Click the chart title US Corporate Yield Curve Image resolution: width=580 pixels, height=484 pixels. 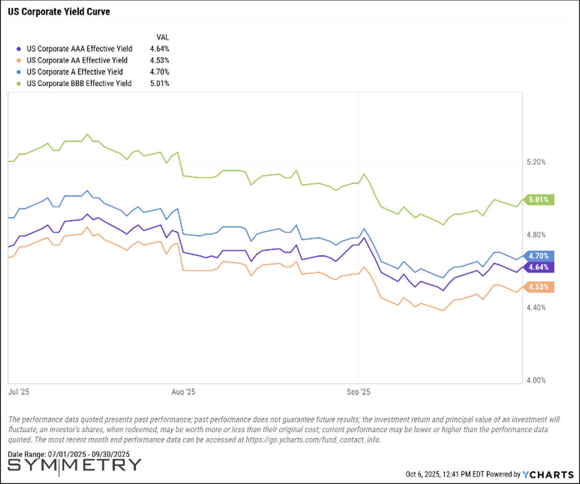[59, 12]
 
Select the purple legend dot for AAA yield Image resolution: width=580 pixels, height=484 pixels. [19, 49]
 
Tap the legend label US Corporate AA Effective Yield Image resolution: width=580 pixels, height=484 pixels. [77, 60]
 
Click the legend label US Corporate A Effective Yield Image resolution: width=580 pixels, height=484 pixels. [74, 72]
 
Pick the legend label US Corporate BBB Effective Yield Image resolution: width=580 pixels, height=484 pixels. [79, 83]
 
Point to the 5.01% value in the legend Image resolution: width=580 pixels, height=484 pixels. [159, 83]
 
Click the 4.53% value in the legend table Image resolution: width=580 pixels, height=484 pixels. [159, 60]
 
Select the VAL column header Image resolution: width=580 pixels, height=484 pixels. [163, 37]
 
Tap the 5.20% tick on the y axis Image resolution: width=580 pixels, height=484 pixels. [536, 162]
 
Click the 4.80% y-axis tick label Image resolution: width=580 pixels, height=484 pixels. [536, 235]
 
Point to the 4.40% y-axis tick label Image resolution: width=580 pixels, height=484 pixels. [536, 308]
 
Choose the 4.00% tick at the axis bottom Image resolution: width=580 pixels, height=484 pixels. [536, 381]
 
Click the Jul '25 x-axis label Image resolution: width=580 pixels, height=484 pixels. [19, 392]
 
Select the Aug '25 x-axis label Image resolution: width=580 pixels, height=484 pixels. [183, 392]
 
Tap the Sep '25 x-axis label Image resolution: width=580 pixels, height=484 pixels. [358, 392]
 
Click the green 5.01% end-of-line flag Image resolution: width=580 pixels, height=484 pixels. [539, 200]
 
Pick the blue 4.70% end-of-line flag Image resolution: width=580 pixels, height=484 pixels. [539, 256]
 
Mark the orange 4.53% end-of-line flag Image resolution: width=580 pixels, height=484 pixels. [539, 287]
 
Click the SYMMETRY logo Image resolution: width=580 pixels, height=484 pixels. [74, 465]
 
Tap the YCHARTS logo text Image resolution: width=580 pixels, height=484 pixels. [548, 475]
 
